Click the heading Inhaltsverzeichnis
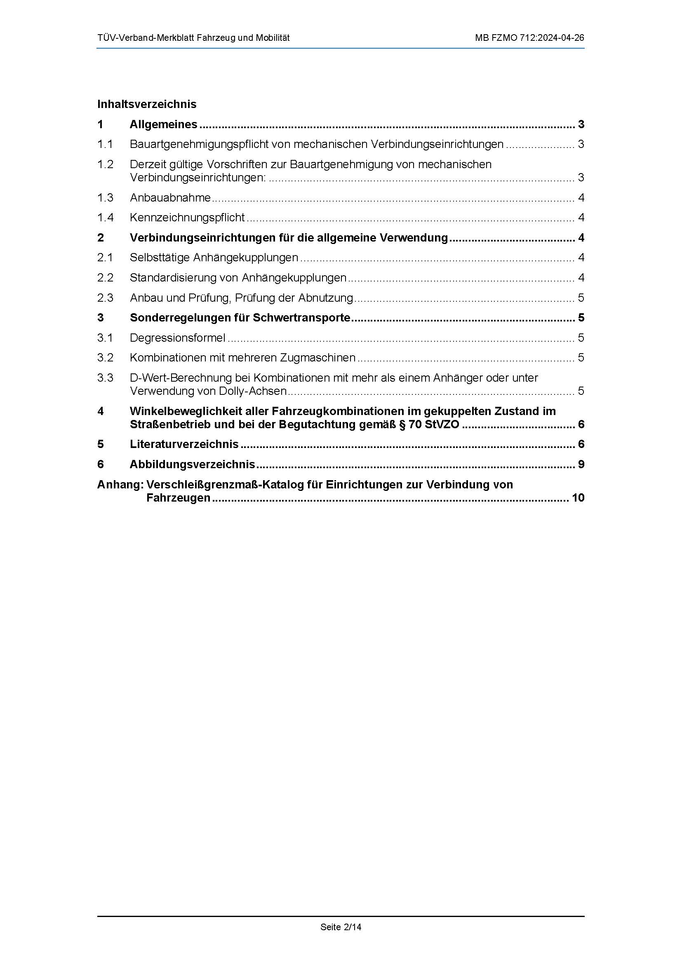146,104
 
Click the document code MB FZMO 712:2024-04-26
529,38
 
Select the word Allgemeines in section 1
163,124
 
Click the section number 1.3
106,197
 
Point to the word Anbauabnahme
170,197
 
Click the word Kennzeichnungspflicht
187,218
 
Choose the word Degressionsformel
177,338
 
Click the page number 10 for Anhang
578,498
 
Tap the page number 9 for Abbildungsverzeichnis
581,464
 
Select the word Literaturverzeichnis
184,444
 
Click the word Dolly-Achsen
253,391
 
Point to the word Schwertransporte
301,318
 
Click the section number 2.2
106,277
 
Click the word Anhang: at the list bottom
120,485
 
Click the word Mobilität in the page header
271,38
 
